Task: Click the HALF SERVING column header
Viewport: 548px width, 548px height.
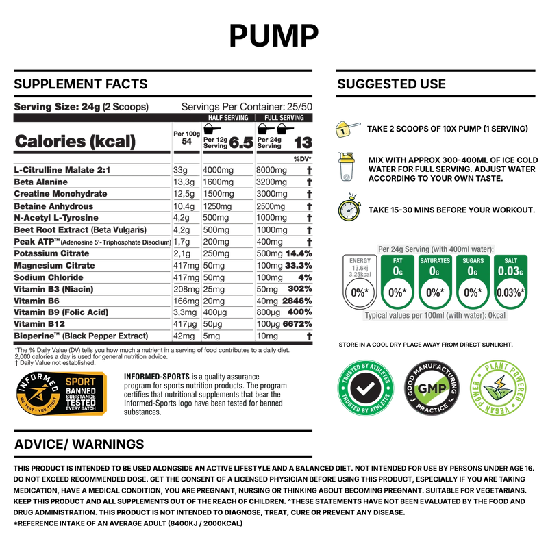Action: click(227, 118)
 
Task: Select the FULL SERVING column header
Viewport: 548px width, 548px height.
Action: click(284, 118)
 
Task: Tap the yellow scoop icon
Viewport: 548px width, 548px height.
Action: click(347, 128)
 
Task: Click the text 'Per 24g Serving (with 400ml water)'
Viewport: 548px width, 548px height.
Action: click(436, 249)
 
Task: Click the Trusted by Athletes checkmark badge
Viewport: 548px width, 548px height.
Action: click(366, 388)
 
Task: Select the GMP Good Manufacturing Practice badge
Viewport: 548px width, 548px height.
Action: click(432, 388)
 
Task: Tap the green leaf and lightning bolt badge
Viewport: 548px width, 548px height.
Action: click(498, 388)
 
